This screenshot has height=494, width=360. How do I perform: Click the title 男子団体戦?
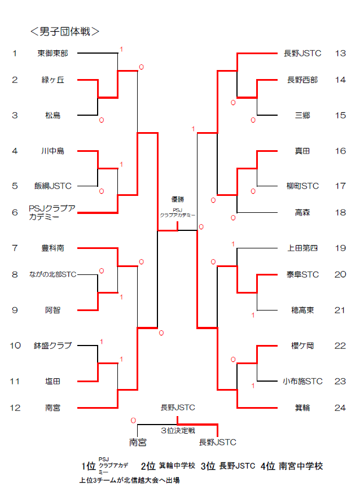pos(64,31)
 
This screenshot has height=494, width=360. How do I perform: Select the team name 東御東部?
pos(52,54)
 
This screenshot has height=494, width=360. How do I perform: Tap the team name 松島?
pos(53,116)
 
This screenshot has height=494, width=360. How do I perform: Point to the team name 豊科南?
pos(52,248)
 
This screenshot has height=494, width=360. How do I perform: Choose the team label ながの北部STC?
pos(52,275)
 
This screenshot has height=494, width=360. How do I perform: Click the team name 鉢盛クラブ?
pos(52,346)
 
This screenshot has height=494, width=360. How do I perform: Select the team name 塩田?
pos(53,382)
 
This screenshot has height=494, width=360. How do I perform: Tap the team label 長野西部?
pos(302,80)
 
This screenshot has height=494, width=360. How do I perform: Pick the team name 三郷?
pos(302,116)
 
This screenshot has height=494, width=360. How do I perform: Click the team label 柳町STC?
pos(302,186)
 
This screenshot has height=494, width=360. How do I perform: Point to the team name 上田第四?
pos(302,248)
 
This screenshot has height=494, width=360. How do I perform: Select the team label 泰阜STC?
pos(302,275)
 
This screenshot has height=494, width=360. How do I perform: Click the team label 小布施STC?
pos(302,382)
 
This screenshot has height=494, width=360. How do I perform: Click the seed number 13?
pos(340,54)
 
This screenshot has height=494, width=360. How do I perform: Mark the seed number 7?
pos(15,248)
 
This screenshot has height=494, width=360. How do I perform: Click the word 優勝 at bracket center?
pos(178,199)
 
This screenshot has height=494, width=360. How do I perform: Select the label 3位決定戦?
pos(178,431)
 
